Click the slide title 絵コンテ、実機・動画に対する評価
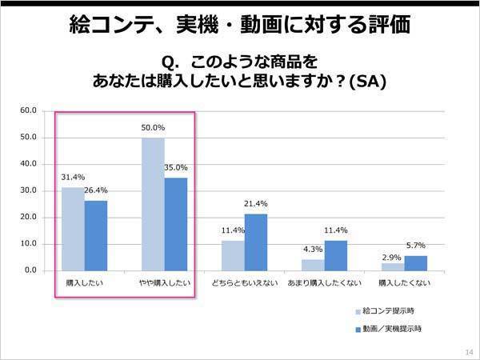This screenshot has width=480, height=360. tap(240, 26)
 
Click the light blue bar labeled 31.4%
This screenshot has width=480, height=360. tap(73, 229)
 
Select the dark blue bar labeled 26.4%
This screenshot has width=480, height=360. tap(95, 235)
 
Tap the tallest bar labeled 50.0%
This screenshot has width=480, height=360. tap(153, 204)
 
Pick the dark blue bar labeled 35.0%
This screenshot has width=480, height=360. tap(176, 224)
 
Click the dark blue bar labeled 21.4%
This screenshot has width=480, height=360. tap(256, 242)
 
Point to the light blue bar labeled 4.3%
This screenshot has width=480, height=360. tap(313, 265)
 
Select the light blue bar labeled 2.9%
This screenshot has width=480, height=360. tap(393, 266)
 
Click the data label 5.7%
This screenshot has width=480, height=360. tap(415, 246)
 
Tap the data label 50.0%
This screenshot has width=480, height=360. tap(153, 128)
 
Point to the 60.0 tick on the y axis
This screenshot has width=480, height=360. tap(28, 110)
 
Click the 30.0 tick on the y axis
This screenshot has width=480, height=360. tap(28, 190)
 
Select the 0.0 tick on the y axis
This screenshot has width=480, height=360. tap(30, 270)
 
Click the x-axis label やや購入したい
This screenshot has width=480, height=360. tap(164, 283)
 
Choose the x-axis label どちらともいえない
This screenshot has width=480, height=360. tap(244, 283)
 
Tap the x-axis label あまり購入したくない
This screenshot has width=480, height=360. tap(324, 283)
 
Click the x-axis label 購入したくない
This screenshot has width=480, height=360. tap(404, 283)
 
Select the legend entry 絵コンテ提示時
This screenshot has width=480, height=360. tap(388, 310)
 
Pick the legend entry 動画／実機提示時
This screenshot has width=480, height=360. tap(392, 329)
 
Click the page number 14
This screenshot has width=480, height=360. tap(468, 351)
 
